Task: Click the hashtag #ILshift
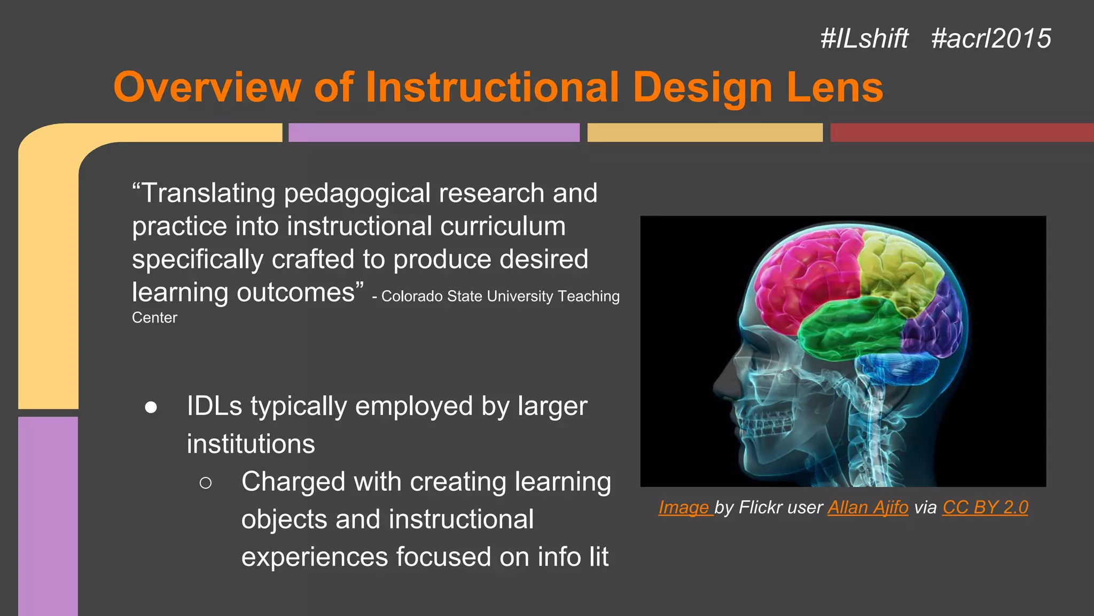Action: pyautogui.click(x=864, y=38)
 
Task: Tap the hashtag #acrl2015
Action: pyautogui.click(x=991, y=38)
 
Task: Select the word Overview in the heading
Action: pyautogui.click(x=207, y=87)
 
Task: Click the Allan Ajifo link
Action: pyautogui.click(x=868, y=507)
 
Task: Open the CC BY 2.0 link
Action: pyautogui.click(x=985, y=507)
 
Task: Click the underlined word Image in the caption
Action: pyautogui.click(x=684, y=507)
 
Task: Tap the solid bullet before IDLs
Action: pyautogui.click(x=151, y=407)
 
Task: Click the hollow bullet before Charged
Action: pyautogui.click(x=205, y=483)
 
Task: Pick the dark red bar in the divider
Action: pyautogui.click(x=962, y=133)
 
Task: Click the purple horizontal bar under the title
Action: pyautogui.click(x=434, y=133)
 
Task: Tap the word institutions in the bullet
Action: pyautogui.click(x=251, y=444)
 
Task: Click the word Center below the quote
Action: pyautogui.click(x=154, y=318)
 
